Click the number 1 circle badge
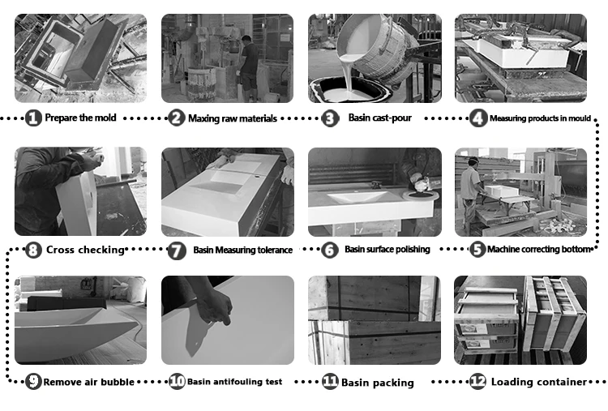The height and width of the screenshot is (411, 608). coord(33,118)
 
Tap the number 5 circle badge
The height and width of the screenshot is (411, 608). coord(477,250)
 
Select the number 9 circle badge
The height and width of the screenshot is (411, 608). coord(33,382)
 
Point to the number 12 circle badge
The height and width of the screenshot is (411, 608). coord(477,382)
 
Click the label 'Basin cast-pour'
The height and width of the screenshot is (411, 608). coord(379,118)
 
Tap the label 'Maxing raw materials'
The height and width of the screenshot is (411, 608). coord(233,118)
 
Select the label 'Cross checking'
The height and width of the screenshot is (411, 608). coord(85,250)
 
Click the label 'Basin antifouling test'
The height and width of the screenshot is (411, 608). coord(234,382)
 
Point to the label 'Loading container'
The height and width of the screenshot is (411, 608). coord(539,382)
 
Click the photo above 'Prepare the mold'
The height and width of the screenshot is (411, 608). coord(80,58)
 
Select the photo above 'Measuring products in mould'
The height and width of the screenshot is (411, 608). coord(520,58)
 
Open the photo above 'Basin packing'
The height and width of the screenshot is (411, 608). coord(375,320)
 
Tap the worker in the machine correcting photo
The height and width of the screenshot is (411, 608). coord(471,194)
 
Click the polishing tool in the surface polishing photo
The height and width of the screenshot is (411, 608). coord(421,187)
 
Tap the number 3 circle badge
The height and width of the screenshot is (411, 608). coord(330,118)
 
